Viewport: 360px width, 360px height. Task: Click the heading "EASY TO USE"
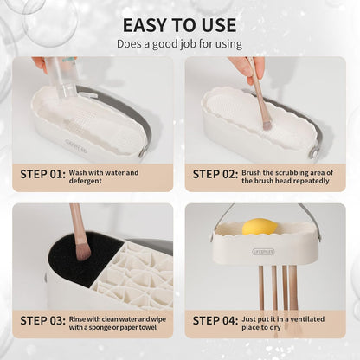tap(180, 25)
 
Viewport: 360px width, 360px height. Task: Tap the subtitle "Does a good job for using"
tap(180, 44)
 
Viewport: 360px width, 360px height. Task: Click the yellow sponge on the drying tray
tap(260, 227)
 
